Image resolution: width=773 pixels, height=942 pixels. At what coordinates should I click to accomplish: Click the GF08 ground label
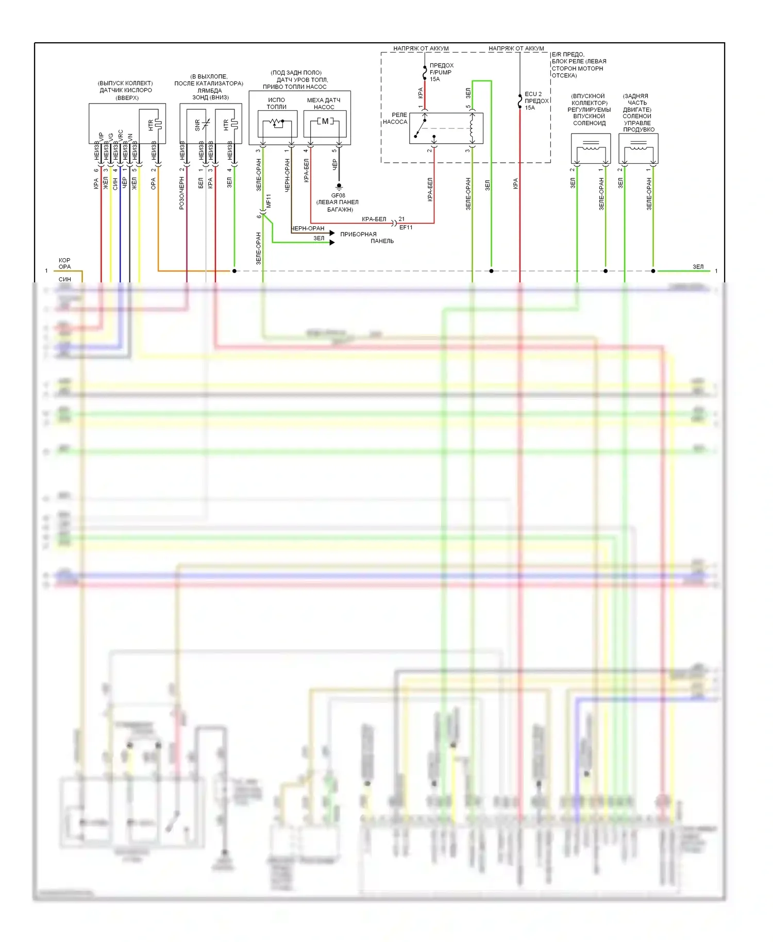(338, 195)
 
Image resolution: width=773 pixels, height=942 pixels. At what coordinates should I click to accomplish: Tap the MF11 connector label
(268, 201)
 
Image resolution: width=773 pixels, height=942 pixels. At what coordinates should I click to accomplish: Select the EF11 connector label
(406, 227)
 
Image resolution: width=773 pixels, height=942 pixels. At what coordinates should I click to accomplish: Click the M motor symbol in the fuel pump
(325, 121)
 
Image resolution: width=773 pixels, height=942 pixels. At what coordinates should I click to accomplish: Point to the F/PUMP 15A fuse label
(441, 72)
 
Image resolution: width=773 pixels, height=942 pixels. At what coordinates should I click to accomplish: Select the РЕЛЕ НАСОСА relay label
(395, 119)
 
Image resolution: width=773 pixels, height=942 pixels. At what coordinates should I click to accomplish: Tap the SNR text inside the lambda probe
(197, 125)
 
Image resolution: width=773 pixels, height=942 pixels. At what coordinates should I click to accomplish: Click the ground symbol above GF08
(339, 186)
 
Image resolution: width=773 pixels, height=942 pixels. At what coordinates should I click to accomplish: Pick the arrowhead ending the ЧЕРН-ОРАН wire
(332, 233)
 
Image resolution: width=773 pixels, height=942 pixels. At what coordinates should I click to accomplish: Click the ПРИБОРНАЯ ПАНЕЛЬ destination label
(366, 238)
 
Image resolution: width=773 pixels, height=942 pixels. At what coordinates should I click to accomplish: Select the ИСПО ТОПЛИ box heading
(276, 103)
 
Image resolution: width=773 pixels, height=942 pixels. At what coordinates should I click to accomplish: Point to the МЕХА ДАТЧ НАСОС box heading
(324, 104)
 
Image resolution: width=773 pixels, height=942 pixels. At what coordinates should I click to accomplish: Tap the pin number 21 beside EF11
(401, 219)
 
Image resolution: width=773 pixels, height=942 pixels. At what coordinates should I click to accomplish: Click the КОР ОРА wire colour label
(64, 263)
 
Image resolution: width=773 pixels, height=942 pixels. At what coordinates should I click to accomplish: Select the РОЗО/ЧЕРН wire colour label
(181, 193)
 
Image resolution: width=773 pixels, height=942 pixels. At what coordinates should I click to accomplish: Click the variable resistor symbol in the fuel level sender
(277, 123)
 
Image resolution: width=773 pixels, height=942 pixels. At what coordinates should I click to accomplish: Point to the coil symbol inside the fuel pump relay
(472, 127)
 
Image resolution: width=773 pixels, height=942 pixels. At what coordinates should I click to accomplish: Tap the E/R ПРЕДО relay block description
(578, 65)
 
